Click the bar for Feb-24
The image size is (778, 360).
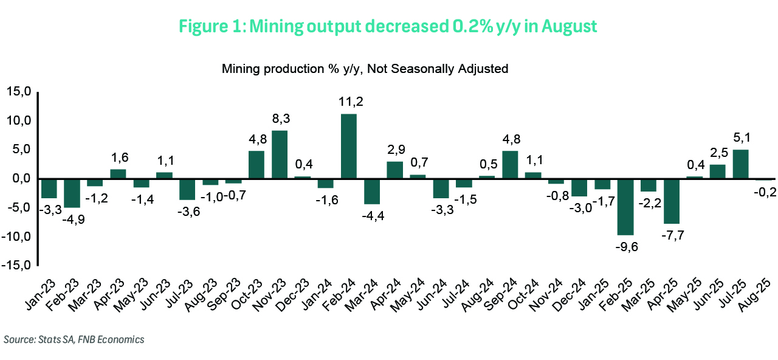click(349, 147)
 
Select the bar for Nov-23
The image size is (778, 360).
click(280, 155)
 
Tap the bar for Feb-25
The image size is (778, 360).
click(625, 207)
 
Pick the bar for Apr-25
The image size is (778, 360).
click(672, 201)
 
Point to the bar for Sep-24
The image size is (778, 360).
click(511, 165)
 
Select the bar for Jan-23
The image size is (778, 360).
click(49, 189)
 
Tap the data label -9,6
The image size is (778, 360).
click(626, 246)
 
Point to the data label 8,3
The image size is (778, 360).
click(280, 119)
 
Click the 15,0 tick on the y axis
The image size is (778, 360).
click(18, 92)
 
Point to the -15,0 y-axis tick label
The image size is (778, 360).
click(16, 265)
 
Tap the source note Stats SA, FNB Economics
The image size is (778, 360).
click(74, 340)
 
